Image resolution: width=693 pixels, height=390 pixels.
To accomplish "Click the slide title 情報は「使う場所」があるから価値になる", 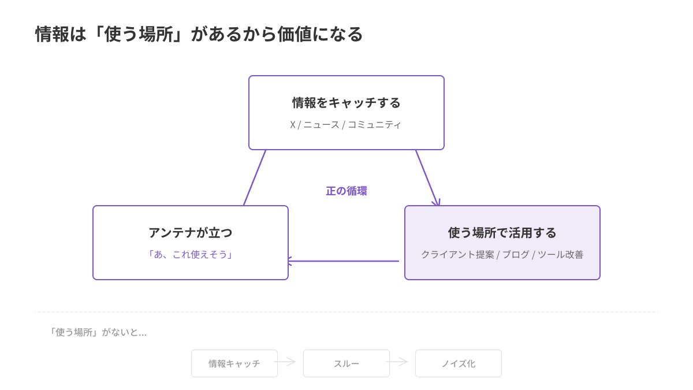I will point(199,34).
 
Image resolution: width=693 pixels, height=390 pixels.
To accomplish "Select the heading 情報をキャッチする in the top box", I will point(346,103).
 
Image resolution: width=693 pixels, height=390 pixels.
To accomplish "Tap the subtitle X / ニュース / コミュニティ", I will point(346,125).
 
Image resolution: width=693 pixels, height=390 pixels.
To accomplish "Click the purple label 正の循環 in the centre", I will point(346,191).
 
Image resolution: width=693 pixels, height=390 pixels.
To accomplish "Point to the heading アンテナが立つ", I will point(190,233).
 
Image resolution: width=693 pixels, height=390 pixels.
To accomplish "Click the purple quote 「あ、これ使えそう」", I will point(190,255).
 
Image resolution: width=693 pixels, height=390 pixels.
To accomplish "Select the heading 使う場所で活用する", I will point(502,233).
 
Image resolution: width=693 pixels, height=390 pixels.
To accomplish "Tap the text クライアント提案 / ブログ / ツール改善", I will point(502,255).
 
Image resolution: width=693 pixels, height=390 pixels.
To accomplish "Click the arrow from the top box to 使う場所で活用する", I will point(427,178).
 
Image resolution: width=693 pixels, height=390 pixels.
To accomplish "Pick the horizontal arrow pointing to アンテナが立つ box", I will point(344,261).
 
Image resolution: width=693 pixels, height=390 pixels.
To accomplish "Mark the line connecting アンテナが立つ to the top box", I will point(255,178).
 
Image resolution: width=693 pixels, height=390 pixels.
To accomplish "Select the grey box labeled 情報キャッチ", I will point(234,363).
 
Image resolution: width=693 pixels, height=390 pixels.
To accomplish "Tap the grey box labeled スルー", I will point(346,363).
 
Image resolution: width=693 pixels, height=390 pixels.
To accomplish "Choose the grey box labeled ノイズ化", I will point(458,363).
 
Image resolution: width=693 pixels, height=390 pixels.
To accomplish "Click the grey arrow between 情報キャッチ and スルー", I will point(285,362).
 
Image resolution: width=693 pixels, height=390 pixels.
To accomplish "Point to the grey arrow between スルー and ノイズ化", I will point(397,362).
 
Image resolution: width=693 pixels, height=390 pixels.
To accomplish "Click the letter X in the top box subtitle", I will point(293,125).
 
